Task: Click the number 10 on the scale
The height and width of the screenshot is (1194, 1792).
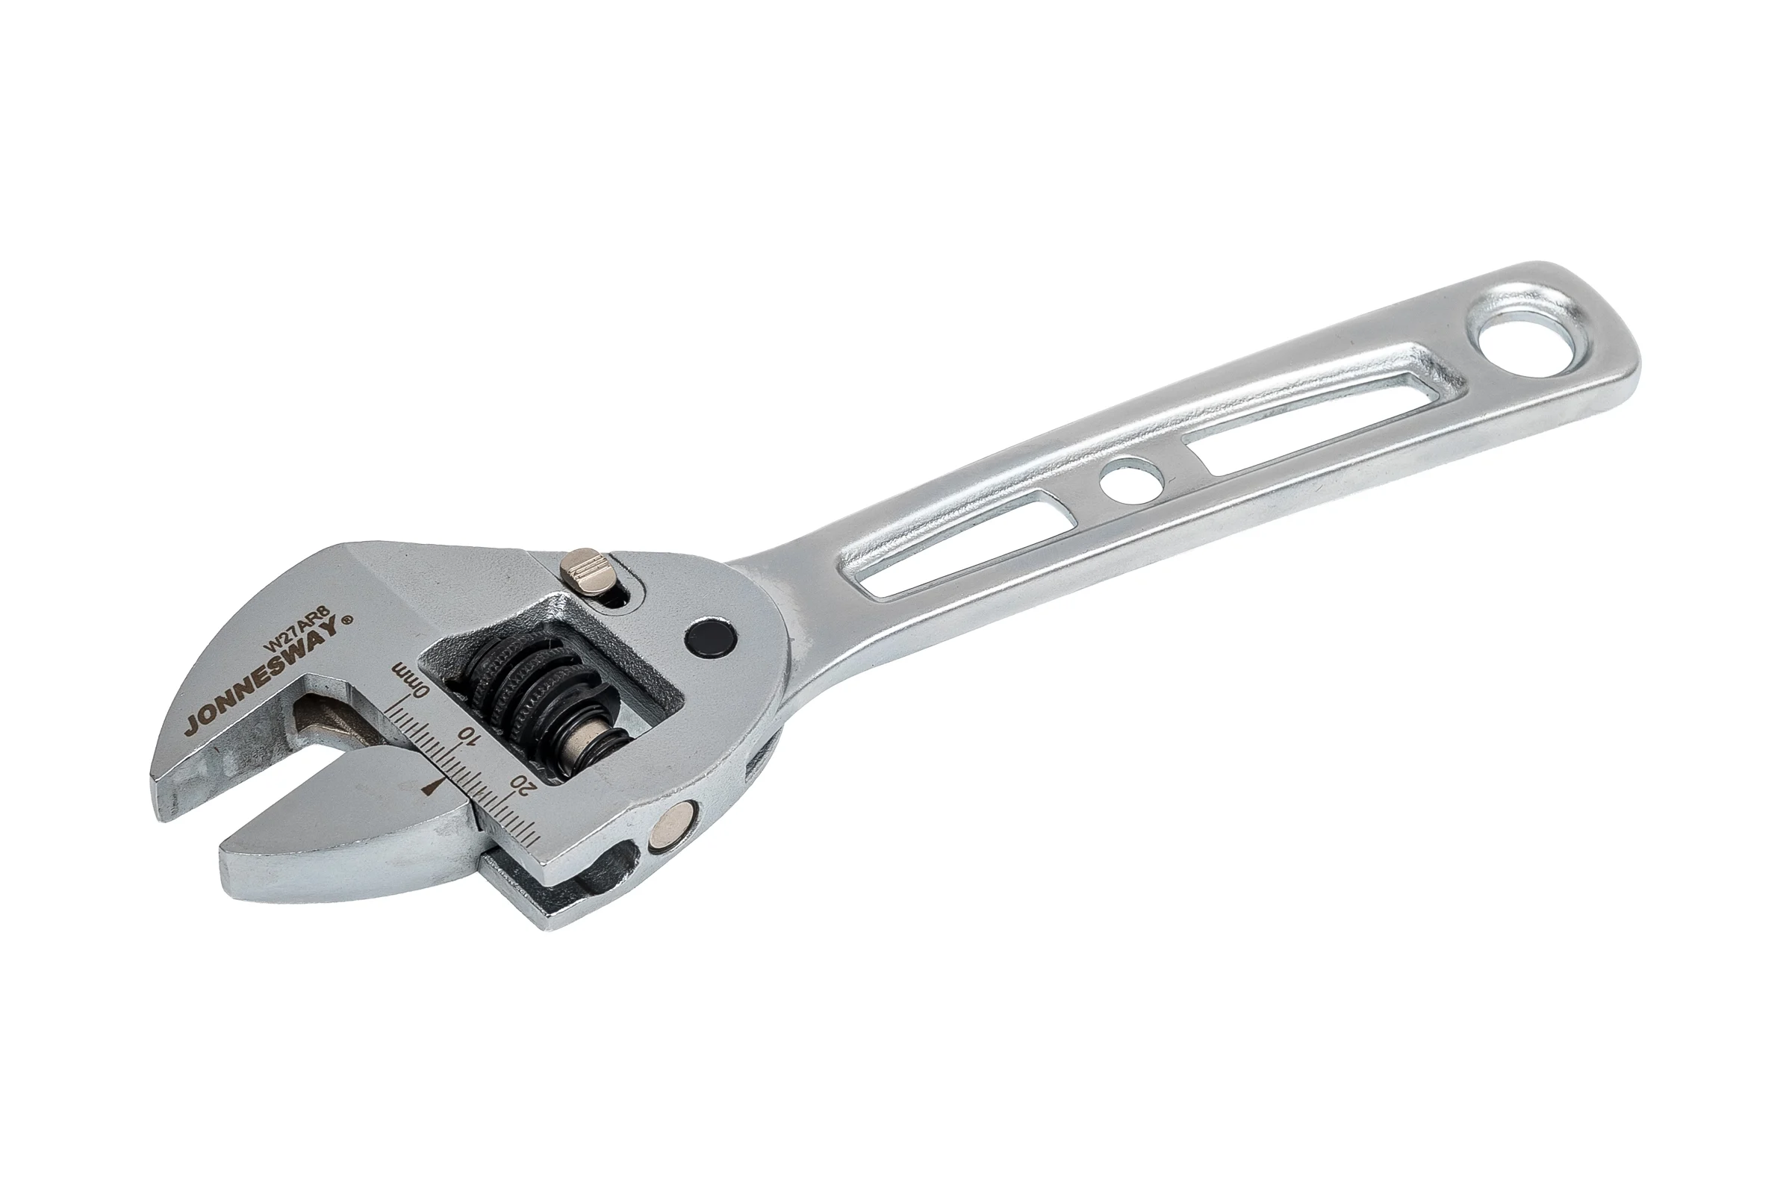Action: tap(468, 736)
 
